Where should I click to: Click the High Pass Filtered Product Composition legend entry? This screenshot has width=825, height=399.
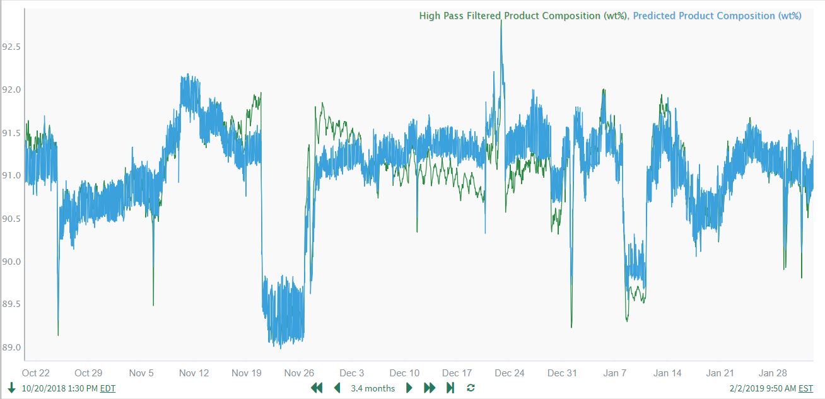523,16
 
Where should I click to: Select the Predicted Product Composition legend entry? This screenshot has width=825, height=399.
717,16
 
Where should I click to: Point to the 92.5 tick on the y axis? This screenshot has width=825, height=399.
12,47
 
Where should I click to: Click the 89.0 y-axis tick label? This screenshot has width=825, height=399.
12,347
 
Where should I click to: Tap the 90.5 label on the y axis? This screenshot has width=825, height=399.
12,219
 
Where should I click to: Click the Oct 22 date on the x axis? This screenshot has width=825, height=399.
35,373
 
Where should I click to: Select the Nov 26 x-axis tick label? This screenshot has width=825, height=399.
299,373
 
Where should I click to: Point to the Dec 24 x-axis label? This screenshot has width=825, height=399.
510,373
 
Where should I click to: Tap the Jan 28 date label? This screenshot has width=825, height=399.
772,373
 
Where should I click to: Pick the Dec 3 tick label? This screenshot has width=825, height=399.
351,373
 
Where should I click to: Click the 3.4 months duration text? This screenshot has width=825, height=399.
373,388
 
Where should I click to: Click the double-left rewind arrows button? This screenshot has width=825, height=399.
317,388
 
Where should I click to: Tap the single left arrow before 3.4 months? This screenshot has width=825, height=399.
337,388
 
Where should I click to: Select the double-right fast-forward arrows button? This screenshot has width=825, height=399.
430,388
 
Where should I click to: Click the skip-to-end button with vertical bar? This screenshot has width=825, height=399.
450,388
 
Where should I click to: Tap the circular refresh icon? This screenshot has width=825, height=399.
471,388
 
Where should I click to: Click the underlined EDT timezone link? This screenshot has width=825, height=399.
108,388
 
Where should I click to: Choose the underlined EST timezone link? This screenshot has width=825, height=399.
805,388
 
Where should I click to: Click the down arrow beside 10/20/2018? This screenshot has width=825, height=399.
11,388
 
